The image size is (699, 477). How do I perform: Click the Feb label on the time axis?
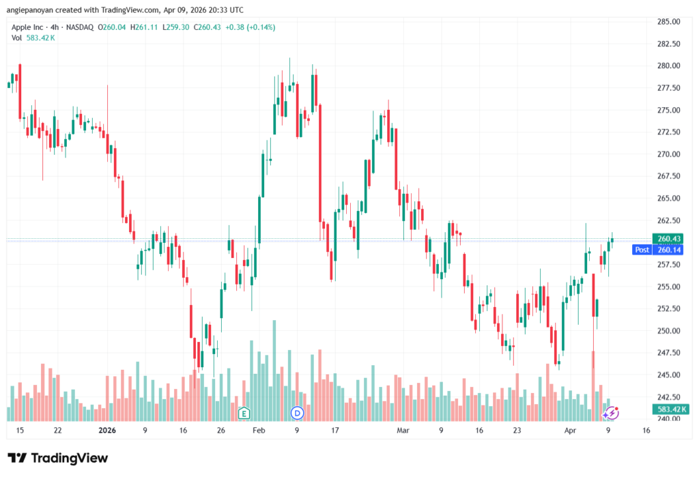click(258, 431)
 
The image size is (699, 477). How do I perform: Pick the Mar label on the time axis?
click(403, 431)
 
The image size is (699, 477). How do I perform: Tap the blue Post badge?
click(642, 250)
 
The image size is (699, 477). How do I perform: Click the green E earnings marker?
click(244, 413)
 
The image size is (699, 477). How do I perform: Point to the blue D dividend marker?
click(297, 413)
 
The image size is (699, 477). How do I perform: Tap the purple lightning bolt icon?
click(612, 413)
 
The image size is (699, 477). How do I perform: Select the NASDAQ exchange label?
click(79, 27)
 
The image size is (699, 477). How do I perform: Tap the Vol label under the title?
click(17, 38)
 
